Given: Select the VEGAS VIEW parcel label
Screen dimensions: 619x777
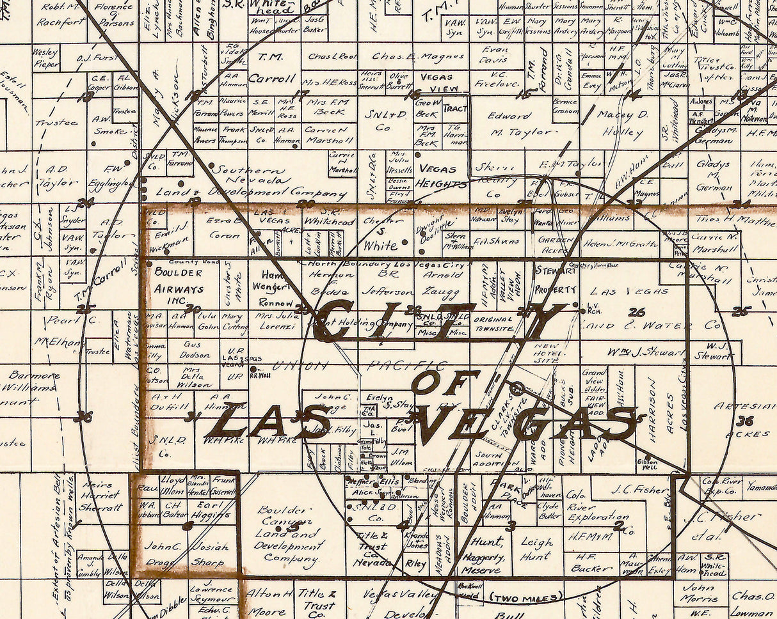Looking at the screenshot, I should [x=437, y=82].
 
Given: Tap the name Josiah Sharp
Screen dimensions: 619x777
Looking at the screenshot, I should [x=209, y=554].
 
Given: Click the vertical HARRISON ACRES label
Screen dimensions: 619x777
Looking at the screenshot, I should [x=661, y=412].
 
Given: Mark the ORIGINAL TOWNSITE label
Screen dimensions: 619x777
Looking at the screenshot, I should [x=493, y=324].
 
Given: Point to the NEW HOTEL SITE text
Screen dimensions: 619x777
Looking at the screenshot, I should [x=546, y=356].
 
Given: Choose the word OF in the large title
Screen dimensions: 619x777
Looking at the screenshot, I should [x=444, y=382].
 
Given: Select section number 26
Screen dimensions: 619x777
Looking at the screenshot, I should [x=636, y=312].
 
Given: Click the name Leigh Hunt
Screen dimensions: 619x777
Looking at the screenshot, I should [x=536, y=549].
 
